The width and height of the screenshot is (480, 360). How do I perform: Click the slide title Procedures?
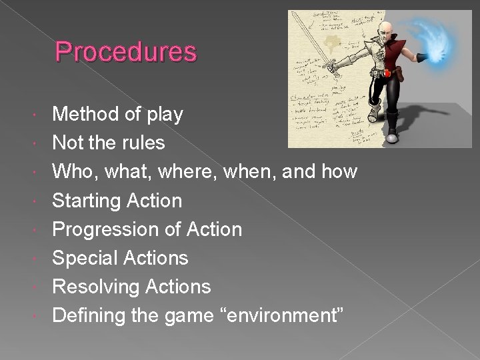[x=126, y=51]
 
